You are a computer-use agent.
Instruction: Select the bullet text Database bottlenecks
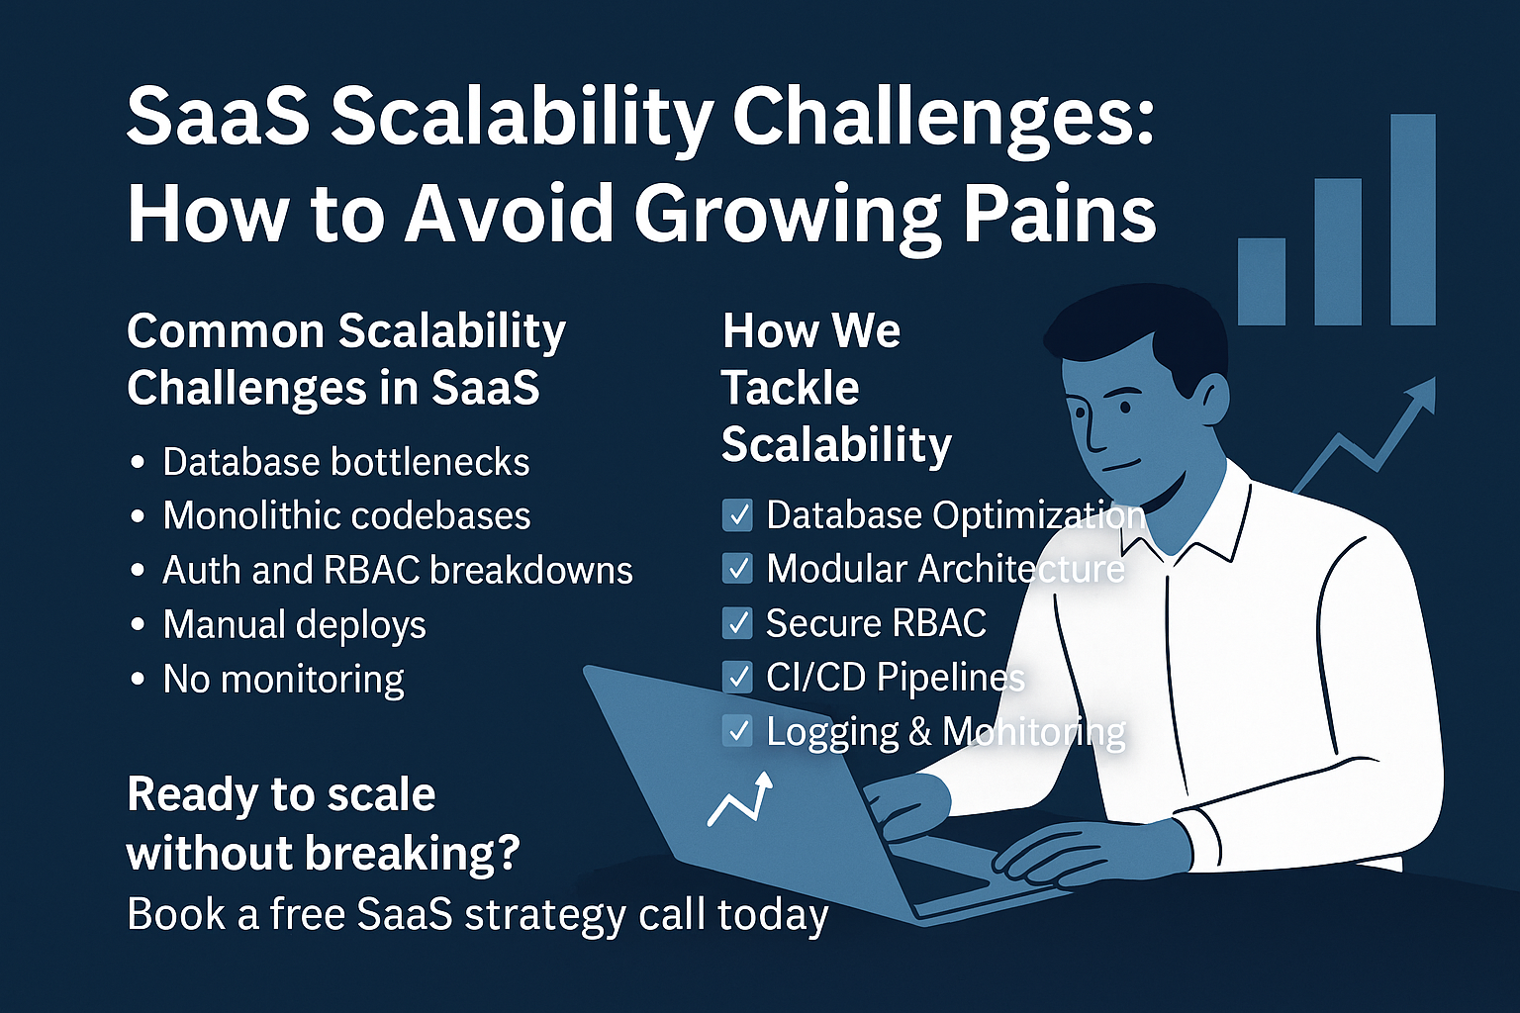[x=346, y=462]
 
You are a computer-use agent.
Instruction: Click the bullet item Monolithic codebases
[x=346, y=515]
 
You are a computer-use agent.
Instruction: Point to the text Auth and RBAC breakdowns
[x=398, y=570]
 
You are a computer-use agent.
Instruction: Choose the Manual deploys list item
[x=295, y=625]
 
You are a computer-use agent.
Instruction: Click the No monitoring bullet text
[x=284, y=680]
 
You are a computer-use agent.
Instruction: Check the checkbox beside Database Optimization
[x=737, y=515]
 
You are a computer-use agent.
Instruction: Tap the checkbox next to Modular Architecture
[x=737, y=569]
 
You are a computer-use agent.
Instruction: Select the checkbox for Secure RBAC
[x=737, y=623]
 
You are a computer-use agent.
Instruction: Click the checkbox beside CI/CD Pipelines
[x=737, y=677]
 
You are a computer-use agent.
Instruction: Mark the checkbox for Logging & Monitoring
[x=737, y=731]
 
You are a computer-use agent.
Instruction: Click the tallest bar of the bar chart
[x=1413, y=220]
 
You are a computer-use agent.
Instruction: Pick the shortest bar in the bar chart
[x=1262, y=282]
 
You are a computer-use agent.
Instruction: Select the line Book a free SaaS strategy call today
[x=478, y=915]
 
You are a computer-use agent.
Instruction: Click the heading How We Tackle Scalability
[x=836, y=388]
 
